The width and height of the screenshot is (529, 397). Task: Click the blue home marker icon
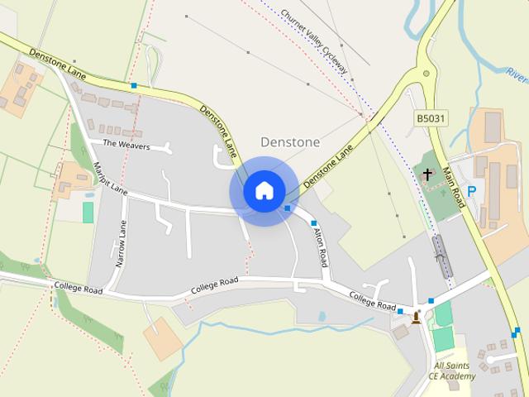coord(264,190)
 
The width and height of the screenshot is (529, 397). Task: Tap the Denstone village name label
coord(290,142)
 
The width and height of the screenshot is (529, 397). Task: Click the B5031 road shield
coord(431,120)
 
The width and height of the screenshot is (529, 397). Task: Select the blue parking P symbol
coord(472,191)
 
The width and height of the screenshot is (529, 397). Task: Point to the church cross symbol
coord(427,175)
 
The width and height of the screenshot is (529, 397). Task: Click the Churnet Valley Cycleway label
coord(314,41)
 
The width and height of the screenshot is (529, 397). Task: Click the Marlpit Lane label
coord(110,177)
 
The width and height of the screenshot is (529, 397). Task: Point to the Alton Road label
coord(319,244)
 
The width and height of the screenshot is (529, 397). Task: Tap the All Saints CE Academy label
coord(452,371)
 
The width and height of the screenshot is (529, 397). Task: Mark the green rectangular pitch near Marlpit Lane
coord(88,212)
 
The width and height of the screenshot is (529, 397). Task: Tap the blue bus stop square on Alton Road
coord(314,223)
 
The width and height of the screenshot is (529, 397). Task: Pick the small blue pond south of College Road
coord(322,316)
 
